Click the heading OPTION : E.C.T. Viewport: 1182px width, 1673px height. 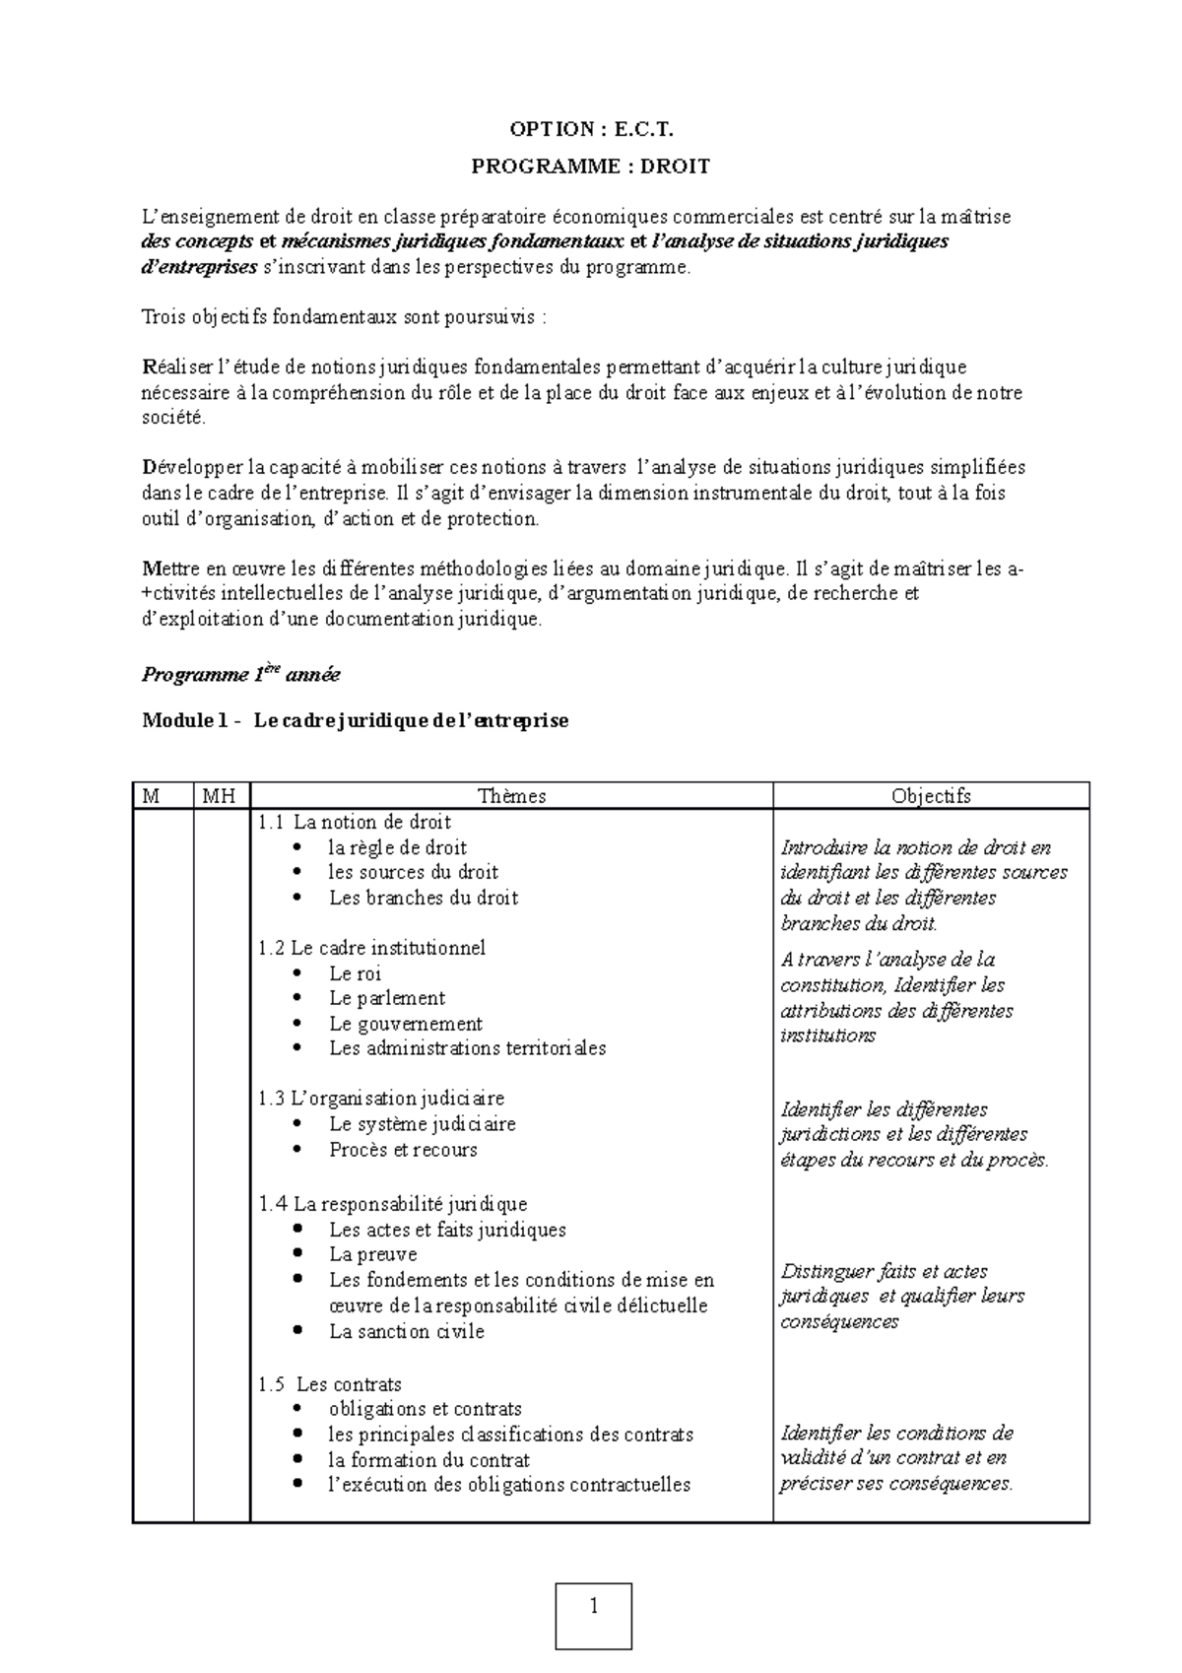coord(591,129)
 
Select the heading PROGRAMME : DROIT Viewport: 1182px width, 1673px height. coord(591,167)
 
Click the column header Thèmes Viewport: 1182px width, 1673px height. coord(511,796)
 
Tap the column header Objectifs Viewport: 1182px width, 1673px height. coord(931,796)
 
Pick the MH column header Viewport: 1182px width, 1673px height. coord(219,796)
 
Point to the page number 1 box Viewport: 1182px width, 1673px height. coord(594,1616)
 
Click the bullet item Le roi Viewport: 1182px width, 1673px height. coord(356,973)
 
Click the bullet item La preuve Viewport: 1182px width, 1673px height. coord(373,1254)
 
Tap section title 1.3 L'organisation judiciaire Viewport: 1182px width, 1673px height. coord(381,1098)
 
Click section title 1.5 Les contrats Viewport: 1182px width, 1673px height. coord(330,1384)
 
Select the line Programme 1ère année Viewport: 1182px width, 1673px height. coord(241,675)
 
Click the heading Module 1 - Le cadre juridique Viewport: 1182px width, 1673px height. coord(356,720)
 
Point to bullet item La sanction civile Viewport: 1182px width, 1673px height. coord(407,1331)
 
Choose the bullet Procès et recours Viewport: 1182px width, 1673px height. coord(403,1150)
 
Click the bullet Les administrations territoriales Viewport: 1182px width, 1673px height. coord(468,1048)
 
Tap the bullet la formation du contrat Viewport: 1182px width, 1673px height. coord(429,1460)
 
